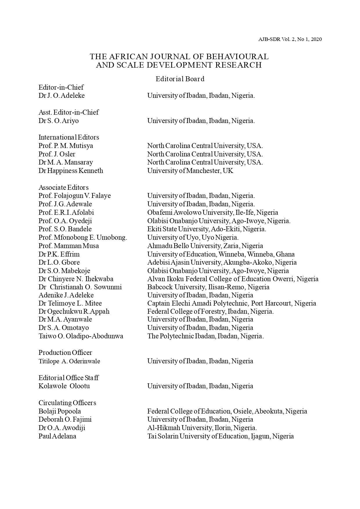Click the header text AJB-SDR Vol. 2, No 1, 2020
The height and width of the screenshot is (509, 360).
pos(290,39)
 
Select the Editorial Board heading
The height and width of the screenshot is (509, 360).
pos(180,79)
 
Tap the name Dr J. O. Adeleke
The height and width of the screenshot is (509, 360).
pos(61,95)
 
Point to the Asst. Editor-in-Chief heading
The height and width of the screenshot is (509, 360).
pos(68,112)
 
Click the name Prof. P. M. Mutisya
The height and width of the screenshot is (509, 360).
pos(66,146)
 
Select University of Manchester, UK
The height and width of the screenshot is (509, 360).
pos(190,171)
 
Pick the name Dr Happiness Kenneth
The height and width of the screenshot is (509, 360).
pos(70,171)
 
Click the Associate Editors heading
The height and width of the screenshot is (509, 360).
pos(64,187)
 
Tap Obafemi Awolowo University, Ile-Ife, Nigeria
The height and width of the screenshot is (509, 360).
pos(212,212)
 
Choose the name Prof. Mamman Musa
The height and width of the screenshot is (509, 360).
pos(68,246)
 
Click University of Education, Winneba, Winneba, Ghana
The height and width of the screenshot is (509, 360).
pos(221,254)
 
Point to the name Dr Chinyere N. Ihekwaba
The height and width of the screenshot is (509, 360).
pos(76,279)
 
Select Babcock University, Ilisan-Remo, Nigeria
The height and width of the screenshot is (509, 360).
pos(208,287)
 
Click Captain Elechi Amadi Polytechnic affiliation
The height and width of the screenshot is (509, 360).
pos(231,303)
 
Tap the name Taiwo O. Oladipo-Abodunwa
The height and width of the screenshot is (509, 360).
pos(81,336)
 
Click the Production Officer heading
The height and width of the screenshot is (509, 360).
pos(65,353)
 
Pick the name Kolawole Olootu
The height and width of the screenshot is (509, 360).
pos(64,386)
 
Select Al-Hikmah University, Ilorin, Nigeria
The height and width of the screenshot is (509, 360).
pos(202,428)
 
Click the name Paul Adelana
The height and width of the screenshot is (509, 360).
pos(57,436)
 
